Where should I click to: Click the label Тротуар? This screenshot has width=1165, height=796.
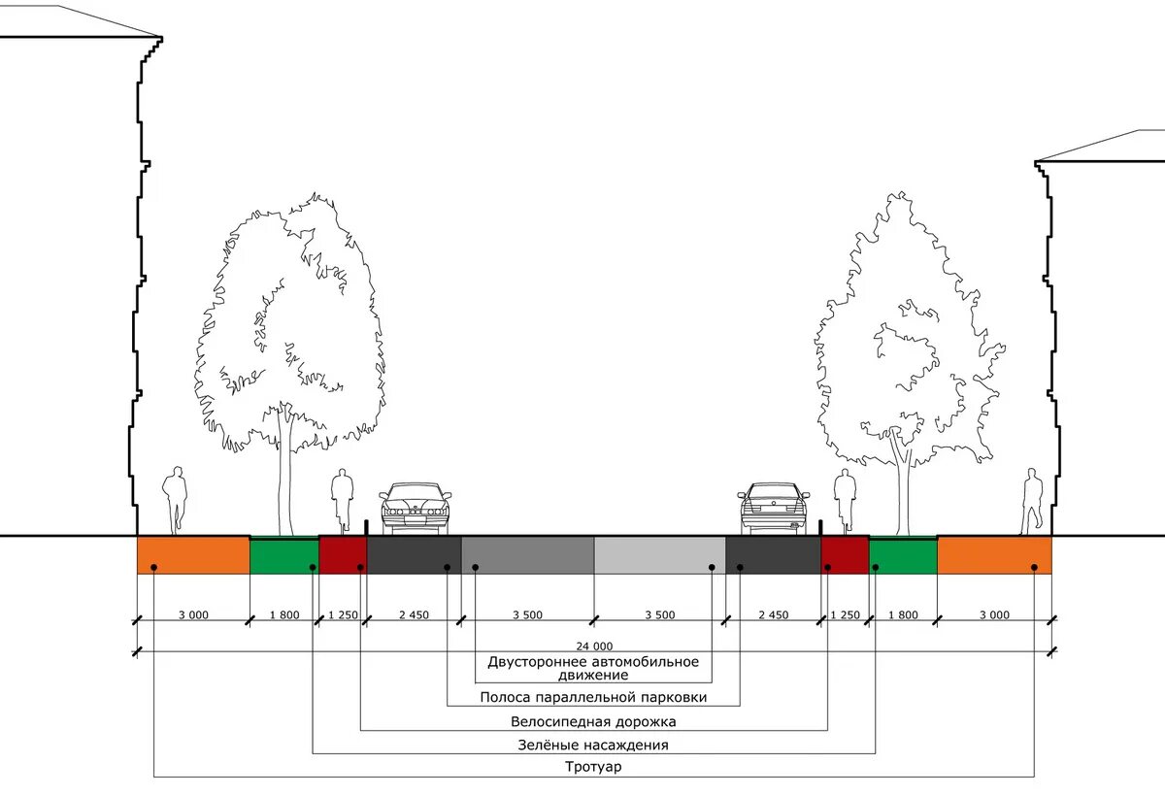point(593,767)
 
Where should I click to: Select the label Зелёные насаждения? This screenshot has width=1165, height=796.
point(593,745)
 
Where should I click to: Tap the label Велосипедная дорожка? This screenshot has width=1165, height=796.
point(593,721)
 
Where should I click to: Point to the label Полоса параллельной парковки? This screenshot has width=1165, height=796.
point(593,697)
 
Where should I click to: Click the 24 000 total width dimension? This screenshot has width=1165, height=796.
point(593,646)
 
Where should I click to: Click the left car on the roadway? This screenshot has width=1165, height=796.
point(416,508)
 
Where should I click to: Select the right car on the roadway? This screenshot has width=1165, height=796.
point(774,508)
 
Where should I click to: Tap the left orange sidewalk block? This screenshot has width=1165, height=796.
point(193,555)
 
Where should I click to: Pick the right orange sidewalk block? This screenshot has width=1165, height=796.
point(994,555)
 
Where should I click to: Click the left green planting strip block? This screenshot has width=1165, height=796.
point(284,555)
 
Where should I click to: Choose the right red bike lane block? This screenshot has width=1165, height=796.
point(844,555)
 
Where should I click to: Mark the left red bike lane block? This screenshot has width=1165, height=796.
point(343,555)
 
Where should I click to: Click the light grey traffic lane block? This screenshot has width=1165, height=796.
point(659,555)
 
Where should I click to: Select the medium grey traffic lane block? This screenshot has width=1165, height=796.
point(527,555)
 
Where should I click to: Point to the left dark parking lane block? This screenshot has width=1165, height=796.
point(414,555)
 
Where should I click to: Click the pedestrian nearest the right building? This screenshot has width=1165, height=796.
point(1032,501)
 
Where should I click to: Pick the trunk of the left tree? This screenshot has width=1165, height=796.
point(284,476)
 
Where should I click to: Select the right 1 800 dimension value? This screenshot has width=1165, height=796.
point(902,614)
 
